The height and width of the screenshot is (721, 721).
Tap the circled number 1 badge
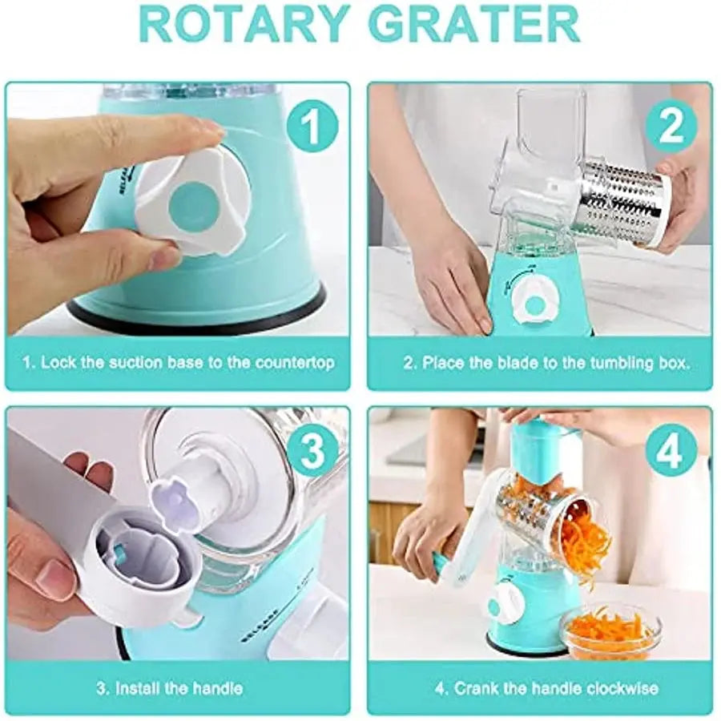312,126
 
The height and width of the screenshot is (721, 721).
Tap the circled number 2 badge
671,126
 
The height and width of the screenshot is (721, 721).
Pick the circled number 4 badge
671,452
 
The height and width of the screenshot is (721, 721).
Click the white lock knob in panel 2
535,302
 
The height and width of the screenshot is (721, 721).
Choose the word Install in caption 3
136,688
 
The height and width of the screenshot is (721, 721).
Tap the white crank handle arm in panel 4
465,534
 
